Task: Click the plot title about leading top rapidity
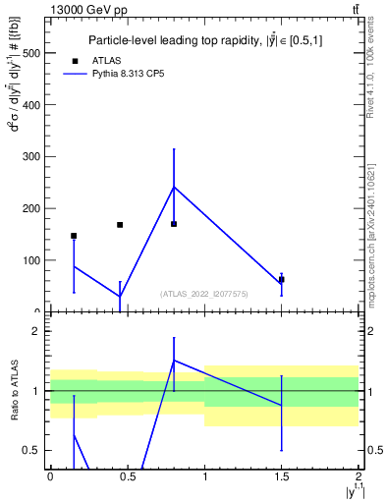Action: (x=200, y=40)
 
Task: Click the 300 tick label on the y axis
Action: (x=31, y=156)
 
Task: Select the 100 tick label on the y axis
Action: (x=31, y=260)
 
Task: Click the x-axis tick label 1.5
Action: (x=282, y=476)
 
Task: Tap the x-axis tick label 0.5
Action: (x=127, y=476)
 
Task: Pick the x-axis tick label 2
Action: (x=359, y=476)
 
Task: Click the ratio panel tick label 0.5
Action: (x=31, y=450)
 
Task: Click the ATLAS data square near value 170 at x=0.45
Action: (x=120, y=225)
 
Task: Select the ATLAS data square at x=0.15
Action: (x=74, y=236)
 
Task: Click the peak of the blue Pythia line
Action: (x=174, y=187)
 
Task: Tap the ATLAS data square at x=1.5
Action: (x=282, y=280)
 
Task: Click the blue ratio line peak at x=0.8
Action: (x=174, y=360)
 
